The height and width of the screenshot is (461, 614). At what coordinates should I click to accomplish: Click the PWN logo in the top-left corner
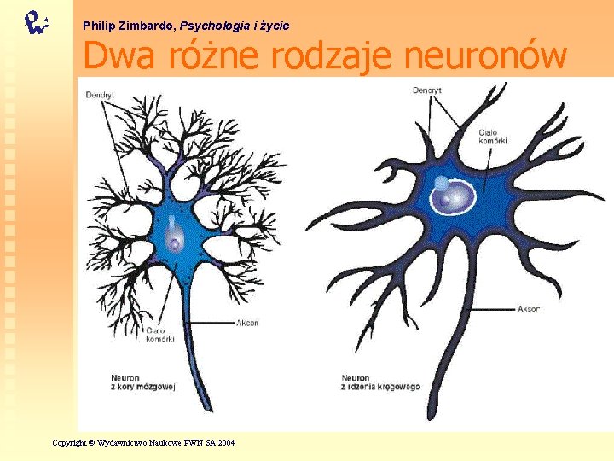[x=36, y=21]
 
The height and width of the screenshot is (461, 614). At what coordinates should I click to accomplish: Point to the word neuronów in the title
[x=484, y=56]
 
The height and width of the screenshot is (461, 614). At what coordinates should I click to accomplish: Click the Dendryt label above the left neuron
[x=100, y=94]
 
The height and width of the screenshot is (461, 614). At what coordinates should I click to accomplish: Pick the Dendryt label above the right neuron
[x=427, y=89]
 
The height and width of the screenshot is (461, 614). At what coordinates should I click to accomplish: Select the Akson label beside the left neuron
[x=248, y=324]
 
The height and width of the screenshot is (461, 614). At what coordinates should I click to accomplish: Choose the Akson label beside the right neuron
[x=529, y=308]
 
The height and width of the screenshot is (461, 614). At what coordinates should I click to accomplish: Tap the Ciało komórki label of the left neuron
[x=159, y=335]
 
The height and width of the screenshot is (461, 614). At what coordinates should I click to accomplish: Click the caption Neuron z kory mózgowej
[x=142, y=382]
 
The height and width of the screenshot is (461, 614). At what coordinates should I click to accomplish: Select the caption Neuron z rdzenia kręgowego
[x=380, y=382]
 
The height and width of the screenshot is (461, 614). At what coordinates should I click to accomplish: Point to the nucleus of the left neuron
[x=174, y=243]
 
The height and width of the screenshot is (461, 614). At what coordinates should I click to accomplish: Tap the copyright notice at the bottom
[x=143, y=442]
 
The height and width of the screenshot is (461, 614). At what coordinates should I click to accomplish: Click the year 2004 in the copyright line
[x=225, y=442]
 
